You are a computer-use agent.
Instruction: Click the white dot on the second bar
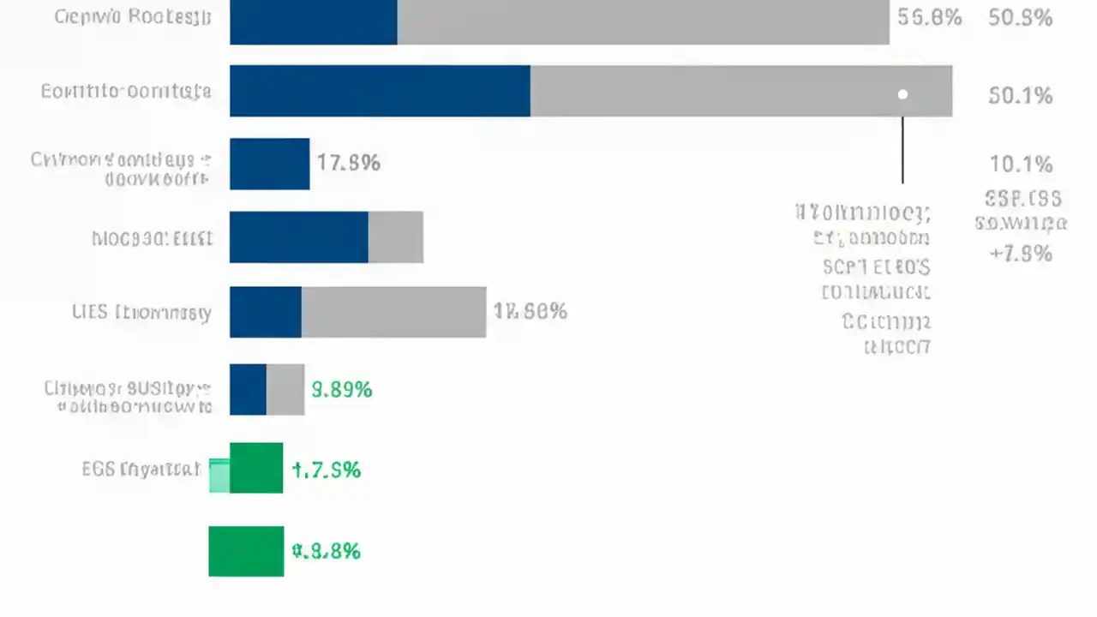coord(902,94)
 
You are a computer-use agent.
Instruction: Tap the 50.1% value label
coord(1020,95)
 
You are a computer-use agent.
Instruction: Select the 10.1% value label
coord(1020,164)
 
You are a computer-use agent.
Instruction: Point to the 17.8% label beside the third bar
coord(348,163)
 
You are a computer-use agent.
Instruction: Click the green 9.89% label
coord(341,390)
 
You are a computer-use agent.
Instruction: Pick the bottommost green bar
coord(246,551)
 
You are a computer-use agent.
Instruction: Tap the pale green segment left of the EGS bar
coord(219,476)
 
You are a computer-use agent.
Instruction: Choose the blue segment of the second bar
coord(380,91)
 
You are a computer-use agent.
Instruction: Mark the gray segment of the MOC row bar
coord(395,237)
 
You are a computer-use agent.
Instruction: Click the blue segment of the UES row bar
coord(266,312)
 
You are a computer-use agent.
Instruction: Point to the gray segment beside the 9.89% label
coord(285,389)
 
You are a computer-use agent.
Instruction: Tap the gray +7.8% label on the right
coord(1020,254)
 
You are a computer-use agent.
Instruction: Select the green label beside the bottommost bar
coord(326,551)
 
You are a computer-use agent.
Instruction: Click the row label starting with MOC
coord(152,238)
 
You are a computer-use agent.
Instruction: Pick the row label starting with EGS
coord(141,469)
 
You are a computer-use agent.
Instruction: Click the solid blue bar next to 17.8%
coord(269,164)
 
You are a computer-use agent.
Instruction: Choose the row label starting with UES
coord(141,312)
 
